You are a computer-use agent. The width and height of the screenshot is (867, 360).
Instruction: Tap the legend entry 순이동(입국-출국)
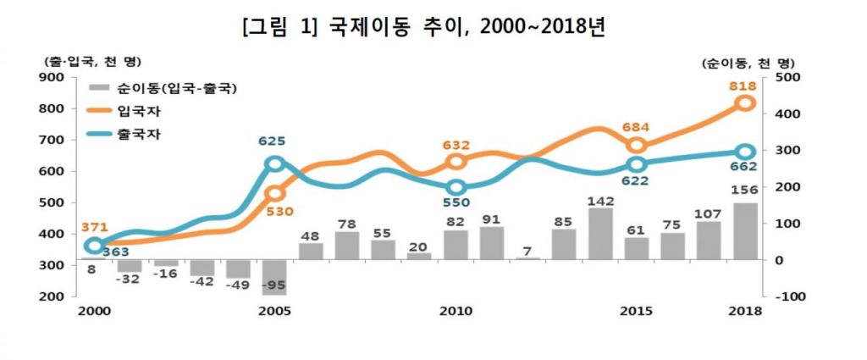click(177, 87)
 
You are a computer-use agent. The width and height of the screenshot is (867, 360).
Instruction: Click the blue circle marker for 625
click(274, 164)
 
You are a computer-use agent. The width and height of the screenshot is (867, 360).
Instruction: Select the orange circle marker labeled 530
click(274, 194)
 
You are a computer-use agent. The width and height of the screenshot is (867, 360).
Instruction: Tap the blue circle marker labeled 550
click(456, 187)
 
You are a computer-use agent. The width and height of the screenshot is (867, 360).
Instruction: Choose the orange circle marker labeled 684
click(637, 146)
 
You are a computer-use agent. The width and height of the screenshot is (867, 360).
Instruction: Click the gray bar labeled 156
click(745, 231)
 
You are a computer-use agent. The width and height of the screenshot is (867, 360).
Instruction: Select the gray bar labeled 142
click(600, 234)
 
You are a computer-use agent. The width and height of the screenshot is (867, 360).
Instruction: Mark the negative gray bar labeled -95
click(274, 277)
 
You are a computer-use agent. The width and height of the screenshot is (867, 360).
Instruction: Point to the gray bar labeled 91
click(492, 243)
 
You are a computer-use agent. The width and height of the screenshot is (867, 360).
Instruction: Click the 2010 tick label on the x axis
click(456, 311)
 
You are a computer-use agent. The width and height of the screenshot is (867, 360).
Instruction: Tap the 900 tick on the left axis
click(53, 77)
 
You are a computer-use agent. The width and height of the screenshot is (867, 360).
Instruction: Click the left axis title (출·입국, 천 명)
click(91, 61)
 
